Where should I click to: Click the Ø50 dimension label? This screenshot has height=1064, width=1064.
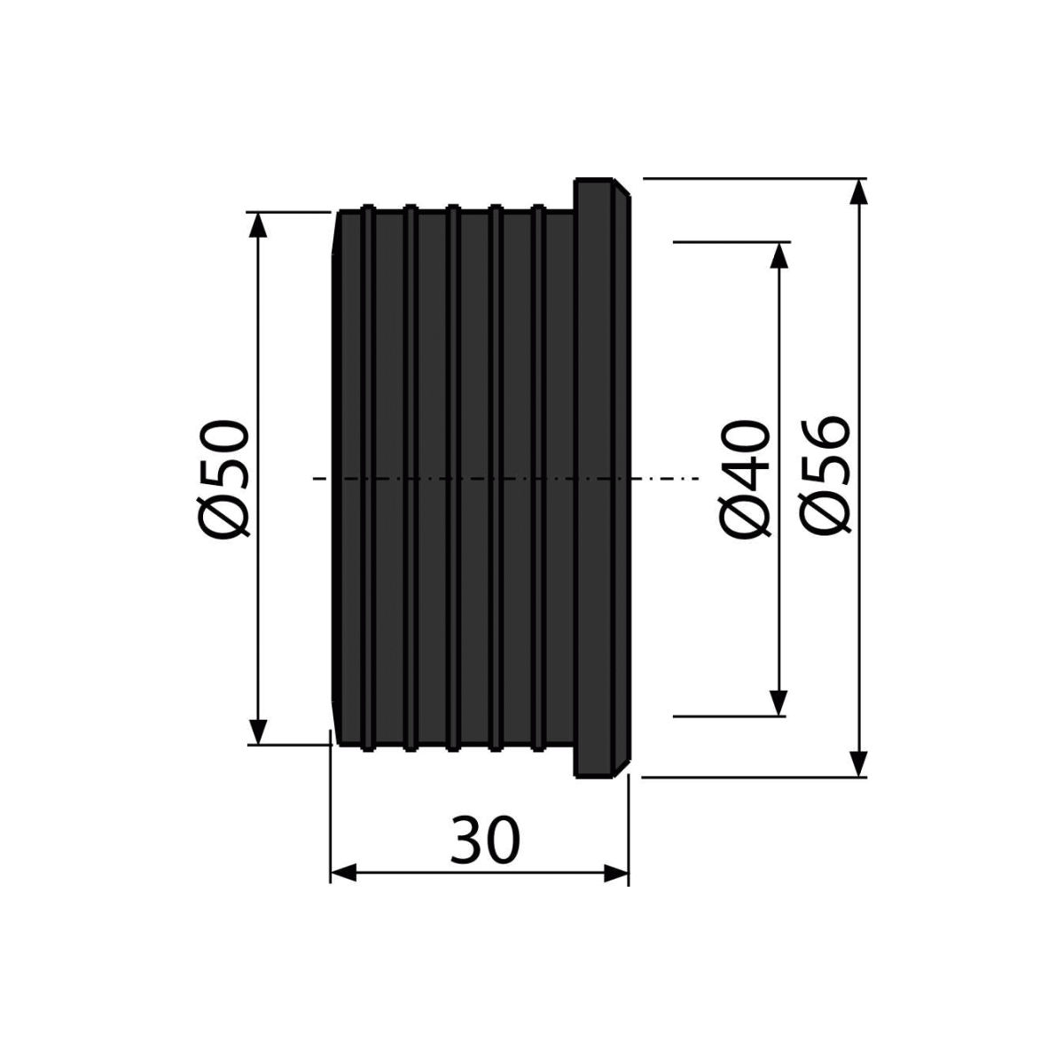(223, 478)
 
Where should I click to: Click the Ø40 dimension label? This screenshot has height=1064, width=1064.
(744, 478)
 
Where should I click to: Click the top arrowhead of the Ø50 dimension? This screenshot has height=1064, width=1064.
(258, 225)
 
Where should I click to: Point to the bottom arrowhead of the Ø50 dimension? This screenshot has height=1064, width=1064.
(258, 731)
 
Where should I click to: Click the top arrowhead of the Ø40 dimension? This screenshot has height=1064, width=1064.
(778, 255)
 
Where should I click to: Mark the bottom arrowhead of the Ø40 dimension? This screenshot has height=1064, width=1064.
(778, 702)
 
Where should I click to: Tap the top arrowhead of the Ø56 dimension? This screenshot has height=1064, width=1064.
(857, 192)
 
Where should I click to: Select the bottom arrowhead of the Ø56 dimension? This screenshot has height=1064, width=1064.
(857, 763)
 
